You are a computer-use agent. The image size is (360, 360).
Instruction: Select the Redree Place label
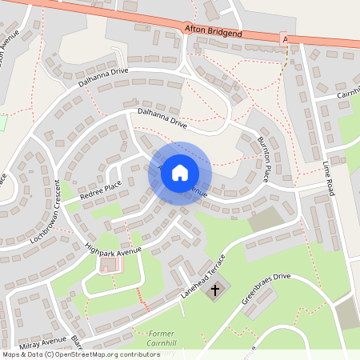pyautogui.click(x=101, y=190)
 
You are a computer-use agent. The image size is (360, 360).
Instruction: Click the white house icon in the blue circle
pyautogui.click(x=180, y=173)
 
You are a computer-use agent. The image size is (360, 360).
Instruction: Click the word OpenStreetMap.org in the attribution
pyautogui.click(x=98, y=354)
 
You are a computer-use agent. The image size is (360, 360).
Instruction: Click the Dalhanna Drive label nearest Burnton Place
pyautogui.click(x=162, y=119)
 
